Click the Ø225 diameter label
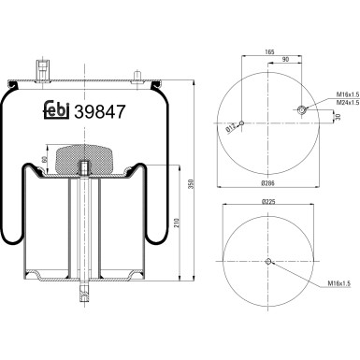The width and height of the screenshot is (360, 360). point(267,201)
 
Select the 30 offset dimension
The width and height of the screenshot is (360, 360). point(338,117)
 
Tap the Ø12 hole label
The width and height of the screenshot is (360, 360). point(230,129)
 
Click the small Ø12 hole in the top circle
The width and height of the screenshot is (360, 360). point(241,122)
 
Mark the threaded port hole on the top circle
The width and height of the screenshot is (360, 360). point(303,111)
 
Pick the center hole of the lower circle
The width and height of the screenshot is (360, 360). point(268,261)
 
